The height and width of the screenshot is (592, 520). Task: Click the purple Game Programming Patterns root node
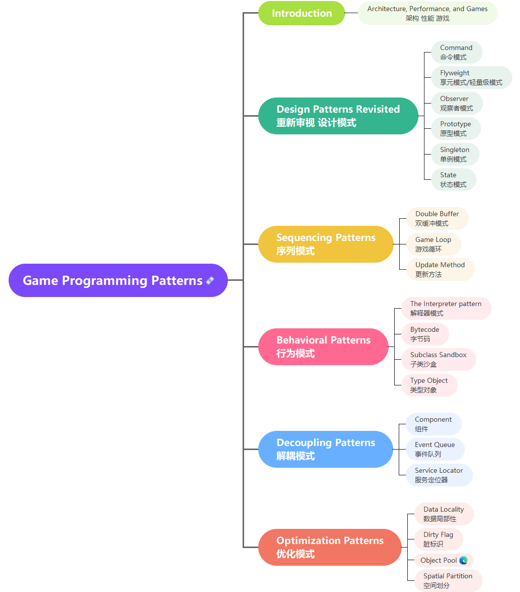[x=112, y=280]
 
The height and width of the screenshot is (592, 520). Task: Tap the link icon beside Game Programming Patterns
[x=210, y=280]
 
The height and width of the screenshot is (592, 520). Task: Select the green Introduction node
[x=302, y=13]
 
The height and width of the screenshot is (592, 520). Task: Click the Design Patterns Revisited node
[x=338, y=116]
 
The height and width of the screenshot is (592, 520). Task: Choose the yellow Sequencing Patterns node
[x=326, y=244]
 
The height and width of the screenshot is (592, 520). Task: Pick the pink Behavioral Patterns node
[x=323, y=347]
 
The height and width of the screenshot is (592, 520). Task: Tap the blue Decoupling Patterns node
[x=325, y=449]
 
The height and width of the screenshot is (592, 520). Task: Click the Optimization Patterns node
[x=330, y=547]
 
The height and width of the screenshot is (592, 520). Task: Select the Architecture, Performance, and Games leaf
[x=428, y=13]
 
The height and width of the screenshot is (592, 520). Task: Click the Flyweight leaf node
[x=471, y=77]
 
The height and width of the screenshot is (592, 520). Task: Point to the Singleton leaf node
[x=454, y=154]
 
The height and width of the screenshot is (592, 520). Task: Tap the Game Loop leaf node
[x=434, y=244]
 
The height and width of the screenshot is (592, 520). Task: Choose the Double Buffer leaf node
[x=437, y=218]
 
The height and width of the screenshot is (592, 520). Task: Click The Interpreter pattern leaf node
[x=446, y=308]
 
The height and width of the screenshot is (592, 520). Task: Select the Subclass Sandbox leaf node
[x=438, y=359]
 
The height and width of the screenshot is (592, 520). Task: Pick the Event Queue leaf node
[x=435, y=449]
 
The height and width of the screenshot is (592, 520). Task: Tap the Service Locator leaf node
[x=439, y=475]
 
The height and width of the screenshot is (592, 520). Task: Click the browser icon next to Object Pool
[x=463, y=560]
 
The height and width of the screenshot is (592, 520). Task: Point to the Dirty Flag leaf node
[x=438, y=539]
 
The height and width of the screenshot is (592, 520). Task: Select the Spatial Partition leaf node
[x=448, y=580]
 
